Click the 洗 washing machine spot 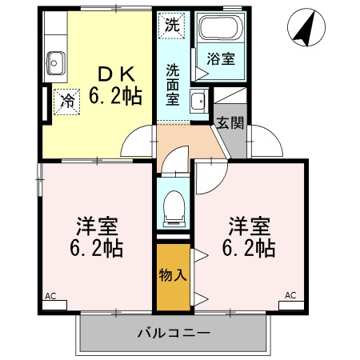[171, 24]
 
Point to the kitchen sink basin [56, 61]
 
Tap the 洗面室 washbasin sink [198, 102]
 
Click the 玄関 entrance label [230, 125]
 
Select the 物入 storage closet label [173, 275]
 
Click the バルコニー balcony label [173, 331]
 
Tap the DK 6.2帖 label [118, 85]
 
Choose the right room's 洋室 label [249, 223]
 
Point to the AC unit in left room [54, 302]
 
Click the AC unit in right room [291, 302]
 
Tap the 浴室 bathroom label [220, 58]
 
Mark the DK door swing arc [136, 142]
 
